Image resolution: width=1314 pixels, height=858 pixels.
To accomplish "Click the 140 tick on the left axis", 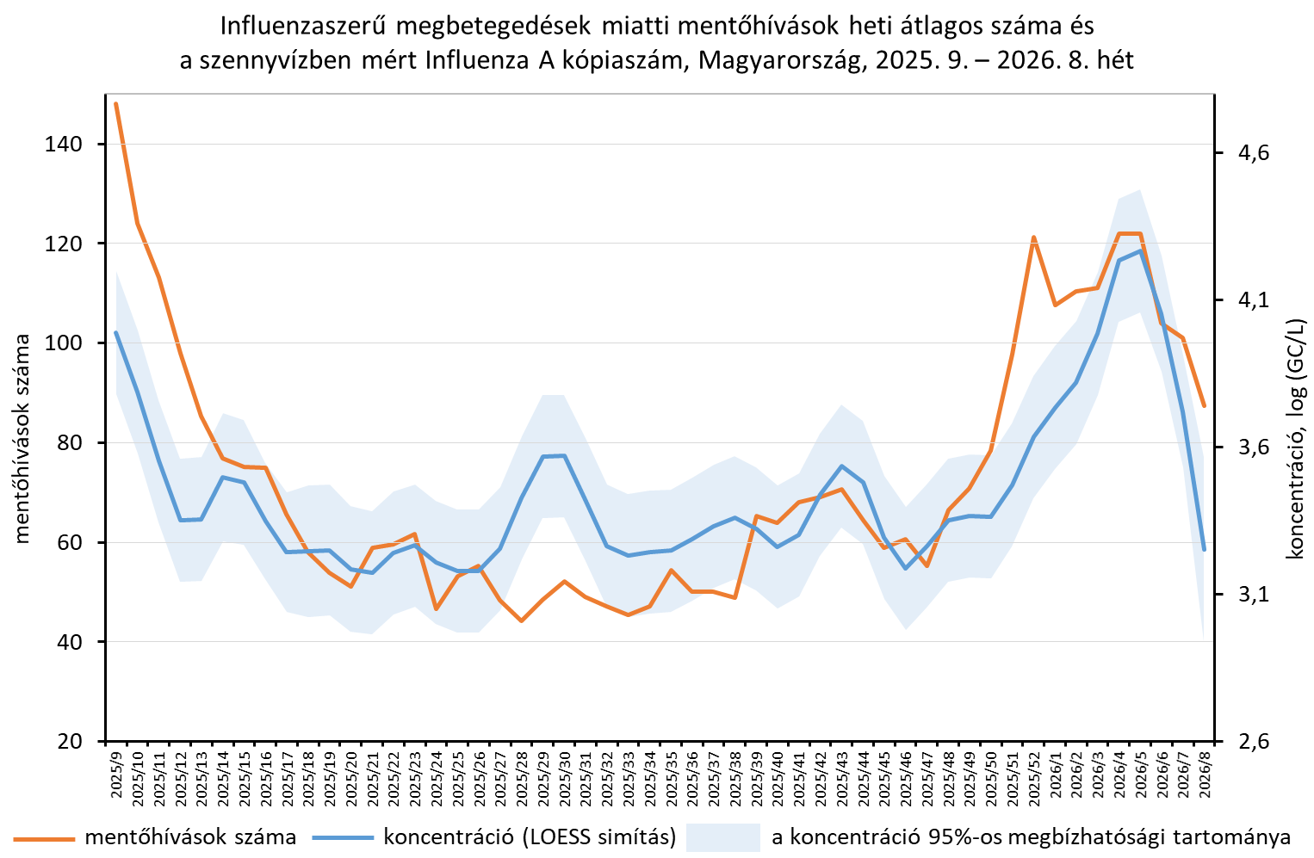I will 65,145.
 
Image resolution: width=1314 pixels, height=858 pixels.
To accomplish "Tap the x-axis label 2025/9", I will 116,775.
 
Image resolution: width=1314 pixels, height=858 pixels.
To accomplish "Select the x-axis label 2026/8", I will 1205,775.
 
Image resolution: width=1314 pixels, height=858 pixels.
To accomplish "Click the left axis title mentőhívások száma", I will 22,439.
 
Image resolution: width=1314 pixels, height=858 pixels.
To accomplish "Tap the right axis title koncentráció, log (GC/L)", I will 1296,439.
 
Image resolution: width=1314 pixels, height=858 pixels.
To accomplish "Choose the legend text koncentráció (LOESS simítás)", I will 530,836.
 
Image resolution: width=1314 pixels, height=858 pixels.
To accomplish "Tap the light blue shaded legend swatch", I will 722,836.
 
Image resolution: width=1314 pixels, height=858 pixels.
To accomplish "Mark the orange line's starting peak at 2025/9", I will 115,104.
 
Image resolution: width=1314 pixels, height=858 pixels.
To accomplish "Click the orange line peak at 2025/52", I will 1033,237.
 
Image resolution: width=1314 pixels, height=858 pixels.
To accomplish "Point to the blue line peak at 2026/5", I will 1140,250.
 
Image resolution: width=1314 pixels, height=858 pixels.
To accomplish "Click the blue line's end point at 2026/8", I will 1205,549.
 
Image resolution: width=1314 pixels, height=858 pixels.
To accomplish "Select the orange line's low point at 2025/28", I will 522,620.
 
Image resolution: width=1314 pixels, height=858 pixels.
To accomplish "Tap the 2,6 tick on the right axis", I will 1241,742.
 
